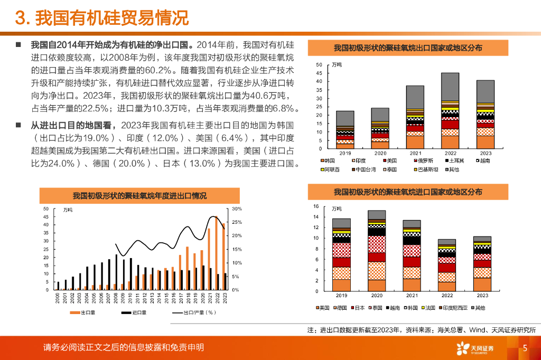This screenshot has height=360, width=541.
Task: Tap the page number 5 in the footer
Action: [525, 348]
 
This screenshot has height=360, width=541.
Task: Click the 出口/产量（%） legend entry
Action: [195, 312]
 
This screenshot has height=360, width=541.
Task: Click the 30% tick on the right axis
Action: [236, 209]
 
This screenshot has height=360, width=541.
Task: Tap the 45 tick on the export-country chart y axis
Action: [319, 73]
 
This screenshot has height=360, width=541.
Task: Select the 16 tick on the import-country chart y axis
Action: [316, 206]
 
